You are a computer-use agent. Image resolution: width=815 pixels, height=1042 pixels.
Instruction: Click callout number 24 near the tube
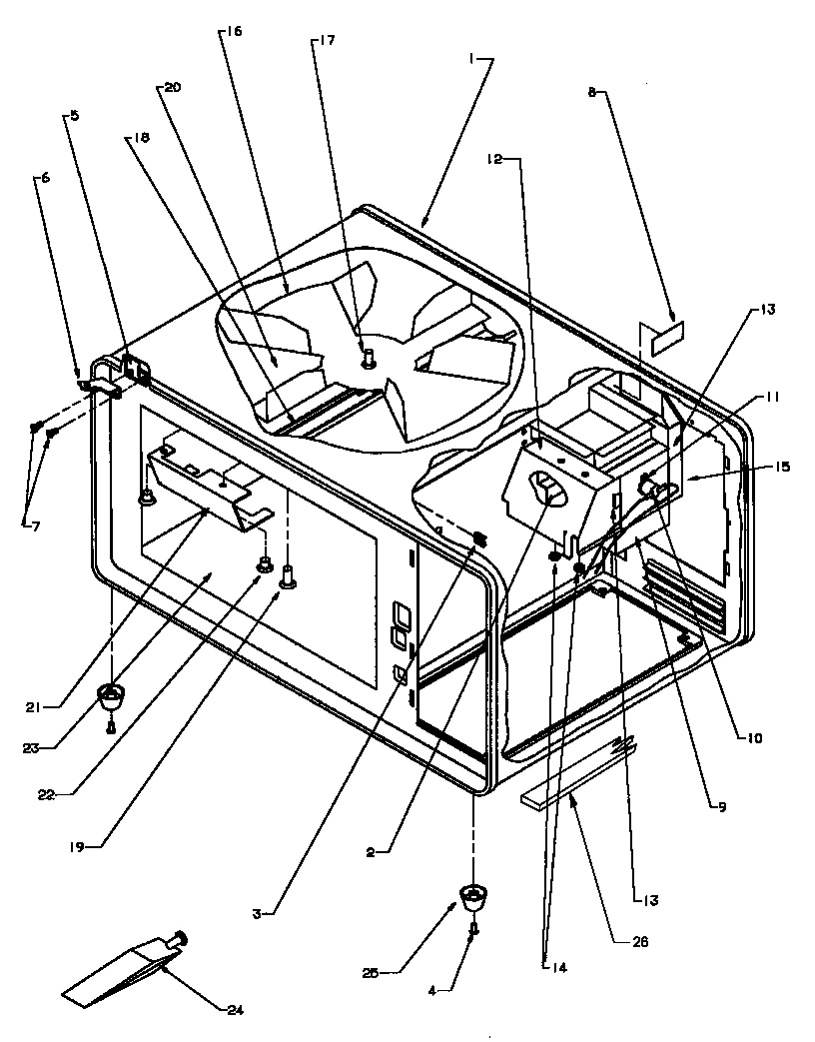(x=234, y=1010)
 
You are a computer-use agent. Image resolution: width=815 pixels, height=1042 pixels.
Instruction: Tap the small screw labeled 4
(x=474, y=929)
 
